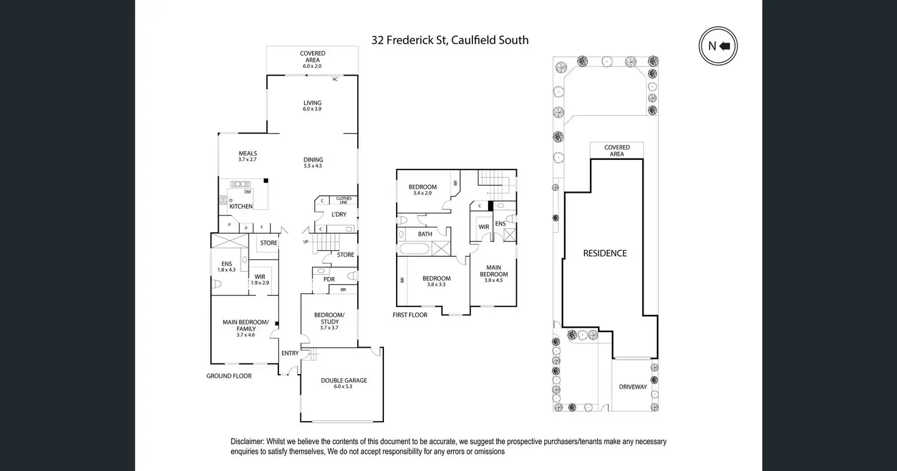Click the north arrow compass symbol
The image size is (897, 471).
click(x=718, y=46)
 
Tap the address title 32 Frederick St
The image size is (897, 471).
click(x=450, y=40)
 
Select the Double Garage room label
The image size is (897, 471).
click(x=344, y=383)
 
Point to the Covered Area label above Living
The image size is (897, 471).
click(x=312, y=59)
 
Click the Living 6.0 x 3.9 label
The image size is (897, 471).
click(x=312, y=106)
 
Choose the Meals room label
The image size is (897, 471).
click(x=247, y=156)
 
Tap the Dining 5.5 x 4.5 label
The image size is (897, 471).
click(x=313, y=163)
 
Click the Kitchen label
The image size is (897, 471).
click(x=241, y=206)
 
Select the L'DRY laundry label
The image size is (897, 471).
click(x=339, y=215)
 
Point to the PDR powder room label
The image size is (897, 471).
click(x=329, y=279)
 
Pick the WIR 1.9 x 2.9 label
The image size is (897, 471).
click(x=260, y=279)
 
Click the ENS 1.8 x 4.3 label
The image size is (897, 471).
click(x=226, y=267)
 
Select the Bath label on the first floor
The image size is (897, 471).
click(x=425, y=234)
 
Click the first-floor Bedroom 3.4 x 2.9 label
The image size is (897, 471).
click(x=422, y=190)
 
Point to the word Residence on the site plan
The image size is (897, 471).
click(x=604, y=253)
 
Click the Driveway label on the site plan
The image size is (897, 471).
click(x=633, y=387)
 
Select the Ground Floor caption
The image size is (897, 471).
click(x=229, y=376)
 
